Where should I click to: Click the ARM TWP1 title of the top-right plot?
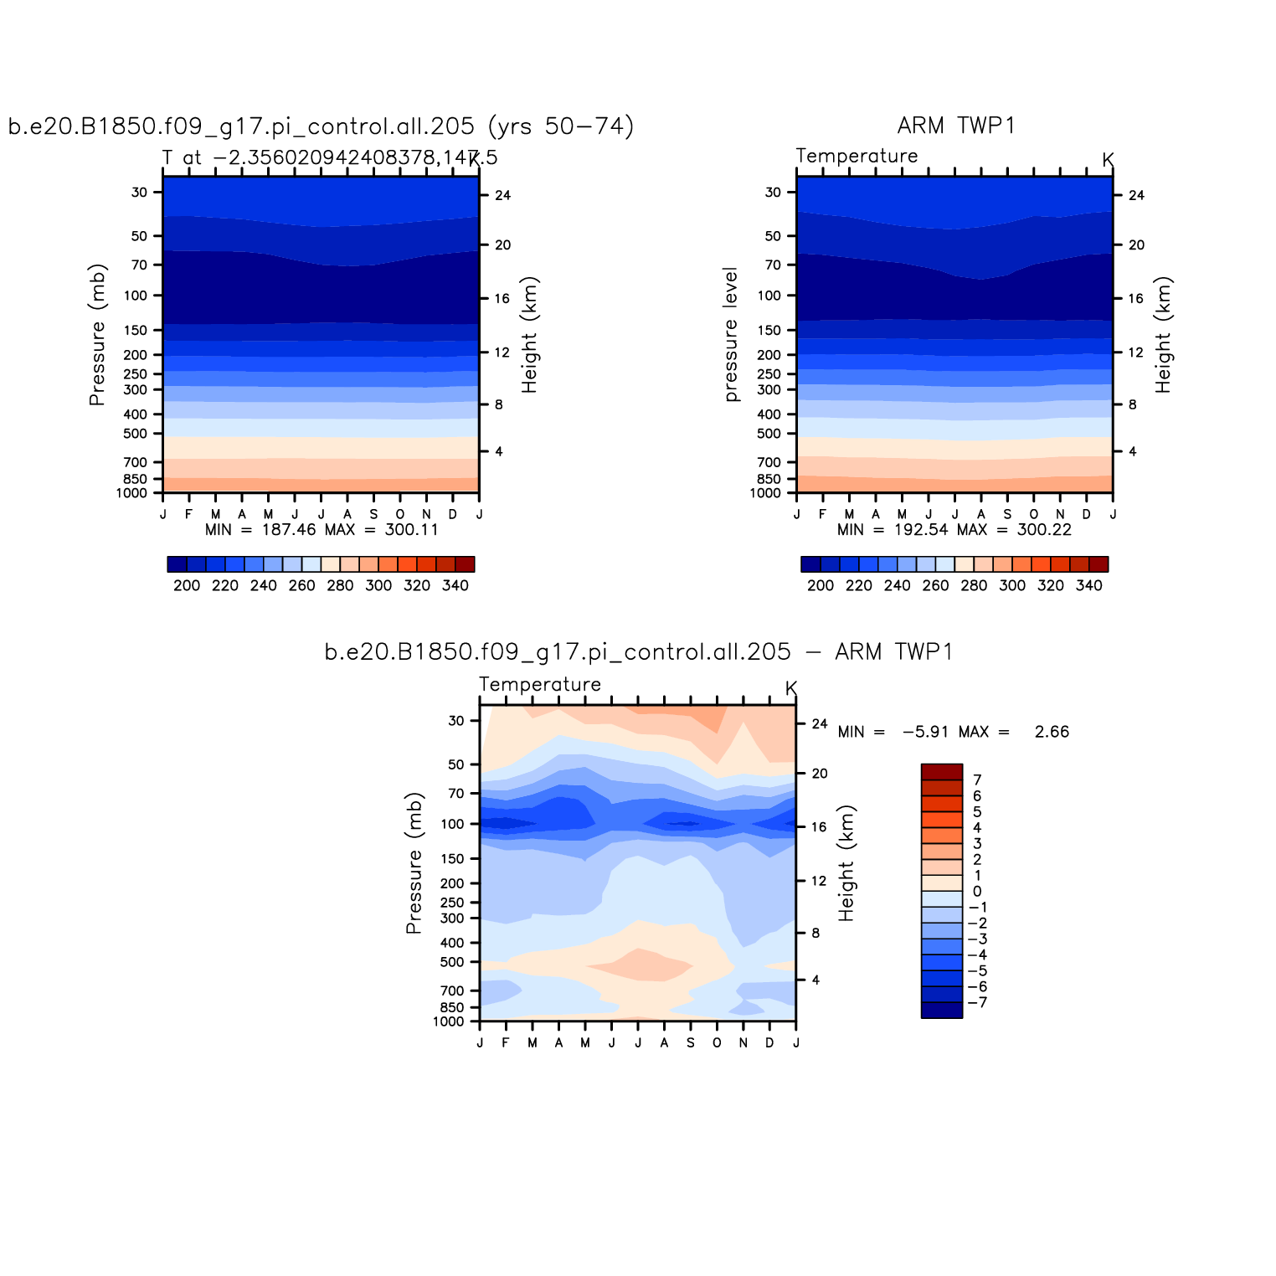pos(956,126)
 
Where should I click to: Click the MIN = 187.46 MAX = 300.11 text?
pos(322,529)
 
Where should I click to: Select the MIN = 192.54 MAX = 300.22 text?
pos(954,529)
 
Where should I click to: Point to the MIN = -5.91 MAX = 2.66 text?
pos(954,732)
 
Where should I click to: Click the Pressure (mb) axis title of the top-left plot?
pos(97,335)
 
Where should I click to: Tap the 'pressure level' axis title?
pos(731,335)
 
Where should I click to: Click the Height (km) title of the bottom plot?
pos(847,863)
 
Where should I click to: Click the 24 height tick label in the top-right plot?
pos(1136,195)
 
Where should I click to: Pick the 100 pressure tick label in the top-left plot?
pos(136,296)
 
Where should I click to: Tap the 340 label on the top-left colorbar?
pos(455,585)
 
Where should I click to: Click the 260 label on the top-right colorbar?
pos(935,585)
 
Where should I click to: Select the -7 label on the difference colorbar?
pos(977,1002)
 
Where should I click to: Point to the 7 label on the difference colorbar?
pos(977,779)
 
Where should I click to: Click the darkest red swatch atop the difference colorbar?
pos(941,772)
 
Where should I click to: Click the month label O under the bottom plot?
pos(717,1042)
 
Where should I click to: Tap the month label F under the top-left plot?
pos(188,514)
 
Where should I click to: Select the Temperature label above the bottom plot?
pos(540,684)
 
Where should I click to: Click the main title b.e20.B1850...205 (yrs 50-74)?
pos(321,126)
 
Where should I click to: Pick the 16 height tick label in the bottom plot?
pos(819,826)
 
